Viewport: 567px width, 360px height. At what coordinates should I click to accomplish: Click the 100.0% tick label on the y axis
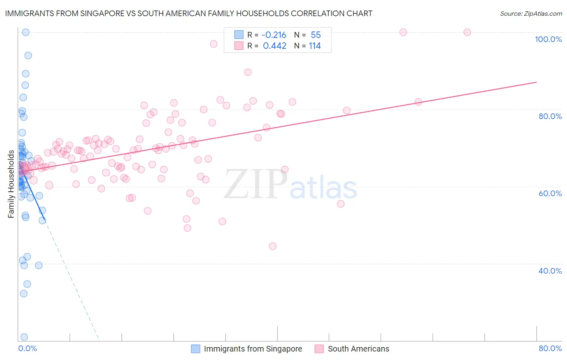click(548, 39)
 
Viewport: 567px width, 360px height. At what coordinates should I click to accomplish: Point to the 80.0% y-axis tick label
click(550, 116)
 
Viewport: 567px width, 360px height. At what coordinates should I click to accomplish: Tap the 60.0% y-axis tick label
click(550, 193)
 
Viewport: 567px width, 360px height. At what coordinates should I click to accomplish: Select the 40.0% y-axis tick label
click(550, 271)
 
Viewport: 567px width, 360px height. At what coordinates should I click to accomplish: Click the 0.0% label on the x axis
click(27, 348)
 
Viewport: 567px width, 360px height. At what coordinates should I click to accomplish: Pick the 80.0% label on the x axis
click(550, 348)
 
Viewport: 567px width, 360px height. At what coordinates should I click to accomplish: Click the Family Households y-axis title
click(11, 184)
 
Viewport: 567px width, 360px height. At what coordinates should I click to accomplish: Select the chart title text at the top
click(188, 13)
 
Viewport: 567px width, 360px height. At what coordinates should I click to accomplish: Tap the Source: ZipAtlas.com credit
click(531, 13)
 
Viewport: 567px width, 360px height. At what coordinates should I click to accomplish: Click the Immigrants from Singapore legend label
click(253, 349)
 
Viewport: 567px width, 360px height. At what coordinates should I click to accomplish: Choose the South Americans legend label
click(359, 349)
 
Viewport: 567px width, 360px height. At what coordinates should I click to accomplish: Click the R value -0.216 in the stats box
click(274, 35)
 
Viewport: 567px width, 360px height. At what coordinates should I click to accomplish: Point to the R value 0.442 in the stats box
click(275, 46)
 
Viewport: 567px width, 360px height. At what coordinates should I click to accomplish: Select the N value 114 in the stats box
click(315, 46)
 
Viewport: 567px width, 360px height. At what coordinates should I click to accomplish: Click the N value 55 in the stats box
click(316, 35)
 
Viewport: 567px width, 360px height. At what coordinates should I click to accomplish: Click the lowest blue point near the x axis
click(24, 337)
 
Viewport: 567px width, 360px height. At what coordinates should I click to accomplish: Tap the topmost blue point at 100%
click(25, 32)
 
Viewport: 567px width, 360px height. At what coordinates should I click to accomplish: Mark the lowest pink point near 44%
click(273, 246)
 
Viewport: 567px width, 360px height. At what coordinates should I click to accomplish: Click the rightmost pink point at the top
click(467, 32)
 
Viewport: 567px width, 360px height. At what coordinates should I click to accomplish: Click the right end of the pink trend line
click(536, 82)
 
